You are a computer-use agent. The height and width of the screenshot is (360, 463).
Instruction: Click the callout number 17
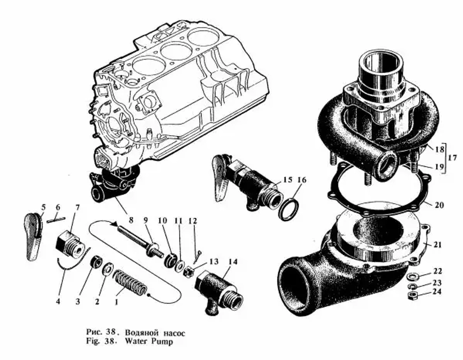click(452, 158)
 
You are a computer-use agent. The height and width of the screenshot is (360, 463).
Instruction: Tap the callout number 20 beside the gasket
click(439, 204)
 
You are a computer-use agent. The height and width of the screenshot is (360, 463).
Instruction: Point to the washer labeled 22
click(412, 277)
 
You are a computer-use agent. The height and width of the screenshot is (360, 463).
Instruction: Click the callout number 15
click(288, 180)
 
